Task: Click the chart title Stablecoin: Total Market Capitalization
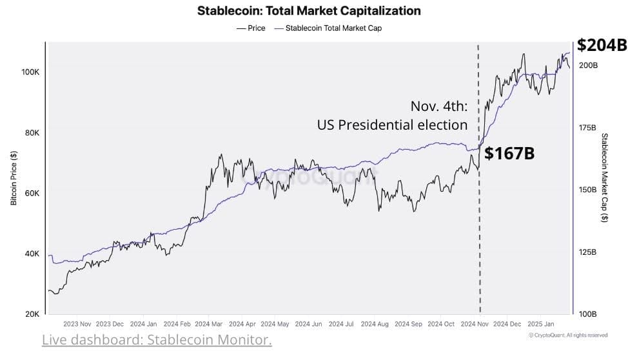point(308,11)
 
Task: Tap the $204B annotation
point(602,45)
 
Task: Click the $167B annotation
point(509,154)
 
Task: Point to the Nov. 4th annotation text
point(438,106)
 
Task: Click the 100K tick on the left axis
point(30,72)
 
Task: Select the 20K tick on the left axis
point(32,314)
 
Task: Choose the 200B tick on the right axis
point(588,66)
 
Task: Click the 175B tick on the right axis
point(588,128)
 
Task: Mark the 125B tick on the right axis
point(588,252)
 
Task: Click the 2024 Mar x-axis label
point(210,324)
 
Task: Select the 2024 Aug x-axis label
point(376,324)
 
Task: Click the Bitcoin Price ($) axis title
point(14,178)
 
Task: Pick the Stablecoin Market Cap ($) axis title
point(604,178)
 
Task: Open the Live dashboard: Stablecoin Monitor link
point(157,340)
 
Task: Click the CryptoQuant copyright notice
point(567,335)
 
